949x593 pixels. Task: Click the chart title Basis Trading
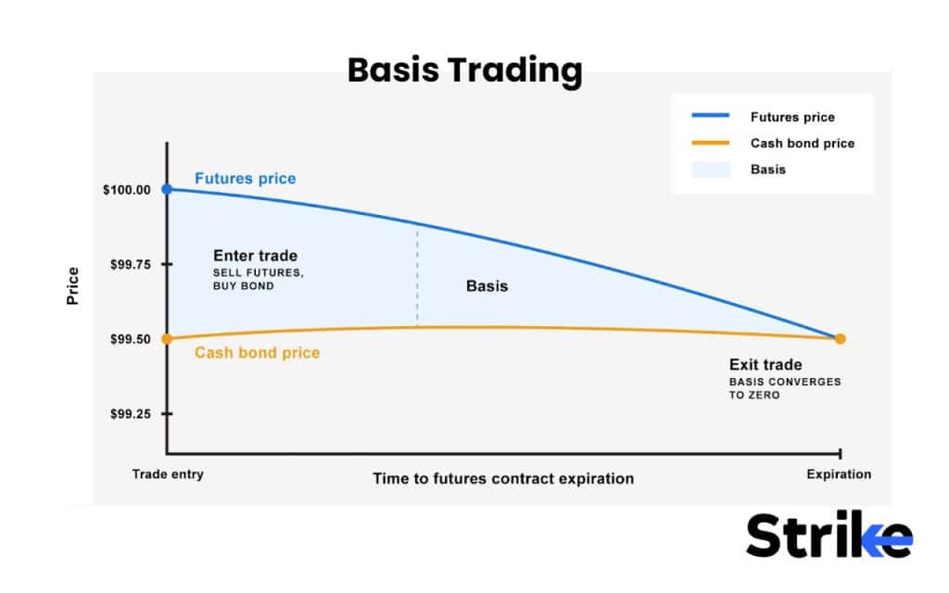464,70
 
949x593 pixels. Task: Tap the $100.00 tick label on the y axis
126,190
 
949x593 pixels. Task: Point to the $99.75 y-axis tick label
130,265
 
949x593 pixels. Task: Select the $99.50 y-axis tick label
130,339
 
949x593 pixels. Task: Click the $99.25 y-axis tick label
130,414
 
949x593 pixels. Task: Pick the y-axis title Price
73,286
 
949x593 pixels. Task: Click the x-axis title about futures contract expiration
503,479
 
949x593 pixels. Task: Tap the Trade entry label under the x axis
167,474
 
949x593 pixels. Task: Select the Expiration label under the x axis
838,474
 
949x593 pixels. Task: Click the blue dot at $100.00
167,189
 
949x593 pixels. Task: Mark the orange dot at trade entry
167,339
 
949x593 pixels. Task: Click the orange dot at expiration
840,339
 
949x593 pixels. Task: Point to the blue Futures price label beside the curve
245,178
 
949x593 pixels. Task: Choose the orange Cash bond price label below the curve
257,353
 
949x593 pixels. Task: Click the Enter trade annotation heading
255,256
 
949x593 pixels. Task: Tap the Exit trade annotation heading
766,365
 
